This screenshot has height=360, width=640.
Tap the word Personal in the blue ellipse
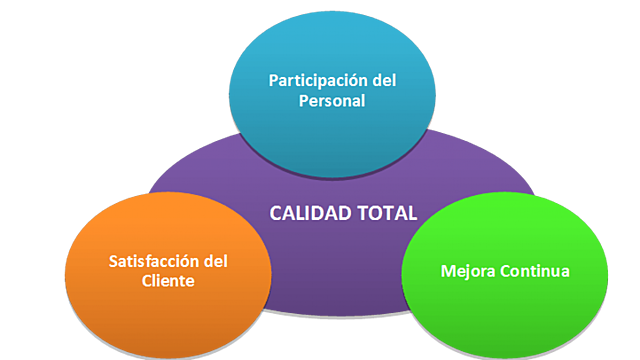click(x=332, y=101)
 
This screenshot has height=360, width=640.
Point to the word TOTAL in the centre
click(x=384, y=213)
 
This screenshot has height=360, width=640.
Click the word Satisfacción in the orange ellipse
click(x=151, y=261)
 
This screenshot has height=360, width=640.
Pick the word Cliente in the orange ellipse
click(x=167, y=282)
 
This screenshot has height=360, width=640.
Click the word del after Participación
click(x=379, y=79)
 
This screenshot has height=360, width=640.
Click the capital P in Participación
click(x=273, y=79)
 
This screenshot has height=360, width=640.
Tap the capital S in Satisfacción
click(x=112, y=261)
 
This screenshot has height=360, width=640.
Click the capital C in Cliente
click(x=146, y=282)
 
